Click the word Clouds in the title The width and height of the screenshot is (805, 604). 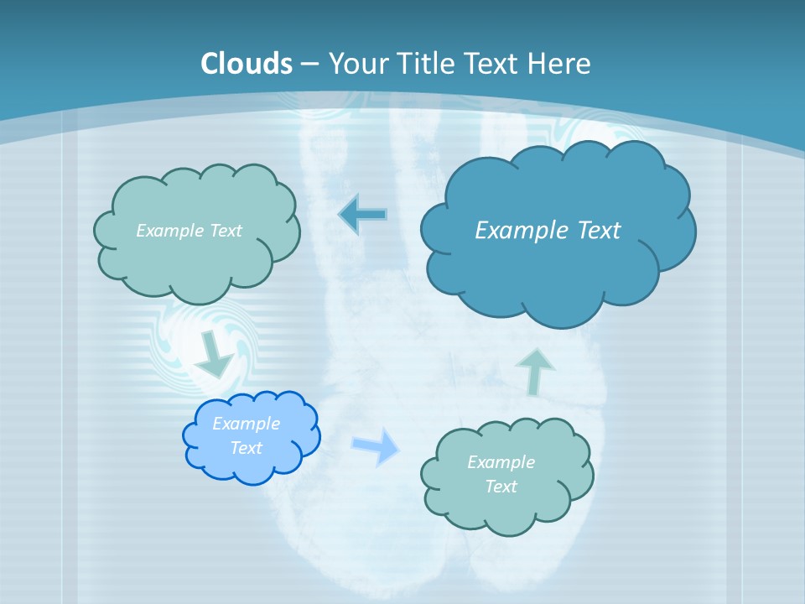point(247,64)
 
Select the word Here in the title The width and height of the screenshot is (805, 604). point(560,64)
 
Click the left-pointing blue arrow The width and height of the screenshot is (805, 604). point(362,215)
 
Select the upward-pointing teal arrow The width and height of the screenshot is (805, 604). point(535,371)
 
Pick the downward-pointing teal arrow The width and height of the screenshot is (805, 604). point(215,356)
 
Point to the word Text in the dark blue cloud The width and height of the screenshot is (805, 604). point(599,230)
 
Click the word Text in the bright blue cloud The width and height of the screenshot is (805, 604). point(247,448)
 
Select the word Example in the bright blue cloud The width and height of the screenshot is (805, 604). point(247,424)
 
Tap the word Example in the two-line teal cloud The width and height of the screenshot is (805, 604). point(501,462)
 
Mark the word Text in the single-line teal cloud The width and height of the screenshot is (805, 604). point(224,231)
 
